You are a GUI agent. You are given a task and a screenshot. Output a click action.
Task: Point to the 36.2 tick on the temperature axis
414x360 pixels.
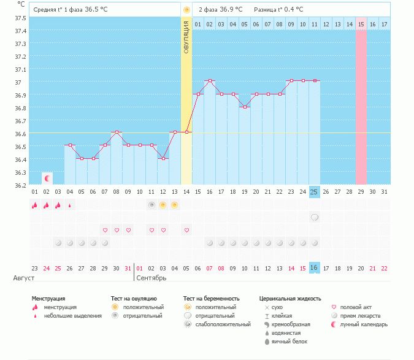[x=20, y=185]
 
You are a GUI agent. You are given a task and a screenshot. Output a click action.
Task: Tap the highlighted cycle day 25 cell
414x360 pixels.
[x=314, y=192]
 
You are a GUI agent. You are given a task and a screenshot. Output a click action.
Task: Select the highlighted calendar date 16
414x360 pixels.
[x=314, y=268]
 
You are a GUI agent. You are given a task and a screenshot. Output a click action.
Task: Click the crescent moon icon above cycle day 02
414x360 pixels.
[x=47, y=178]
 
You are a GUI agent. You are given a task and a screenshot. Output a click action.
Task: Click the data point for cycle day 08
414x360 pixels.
[x=117, y=132]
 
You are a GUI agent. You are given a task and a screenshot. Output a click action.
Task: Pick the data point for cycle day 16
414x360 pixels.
[x=210, y=80]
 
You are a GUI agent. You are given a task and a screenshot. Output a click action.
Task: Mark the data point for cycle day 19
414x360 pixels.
[x=245, y=107]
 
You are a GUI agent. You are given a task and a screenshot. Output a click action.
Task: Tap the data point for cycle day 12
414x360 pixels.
[x=163, y=158]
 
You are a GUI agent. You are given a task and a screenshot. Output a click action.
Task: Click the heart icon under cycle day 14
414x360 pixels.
[x=186, y=230]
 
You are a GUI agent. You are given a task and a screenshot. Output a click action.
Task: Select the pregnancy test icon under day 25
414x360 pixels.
[x=315, y=217]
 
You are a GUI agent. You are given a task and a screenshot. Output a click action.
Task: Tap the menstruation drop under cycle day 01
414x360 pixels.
[x=35, y=205]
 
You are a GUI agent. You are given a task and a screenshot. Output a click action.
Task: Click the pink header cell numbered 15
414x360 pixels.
[x=361, y=24]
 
